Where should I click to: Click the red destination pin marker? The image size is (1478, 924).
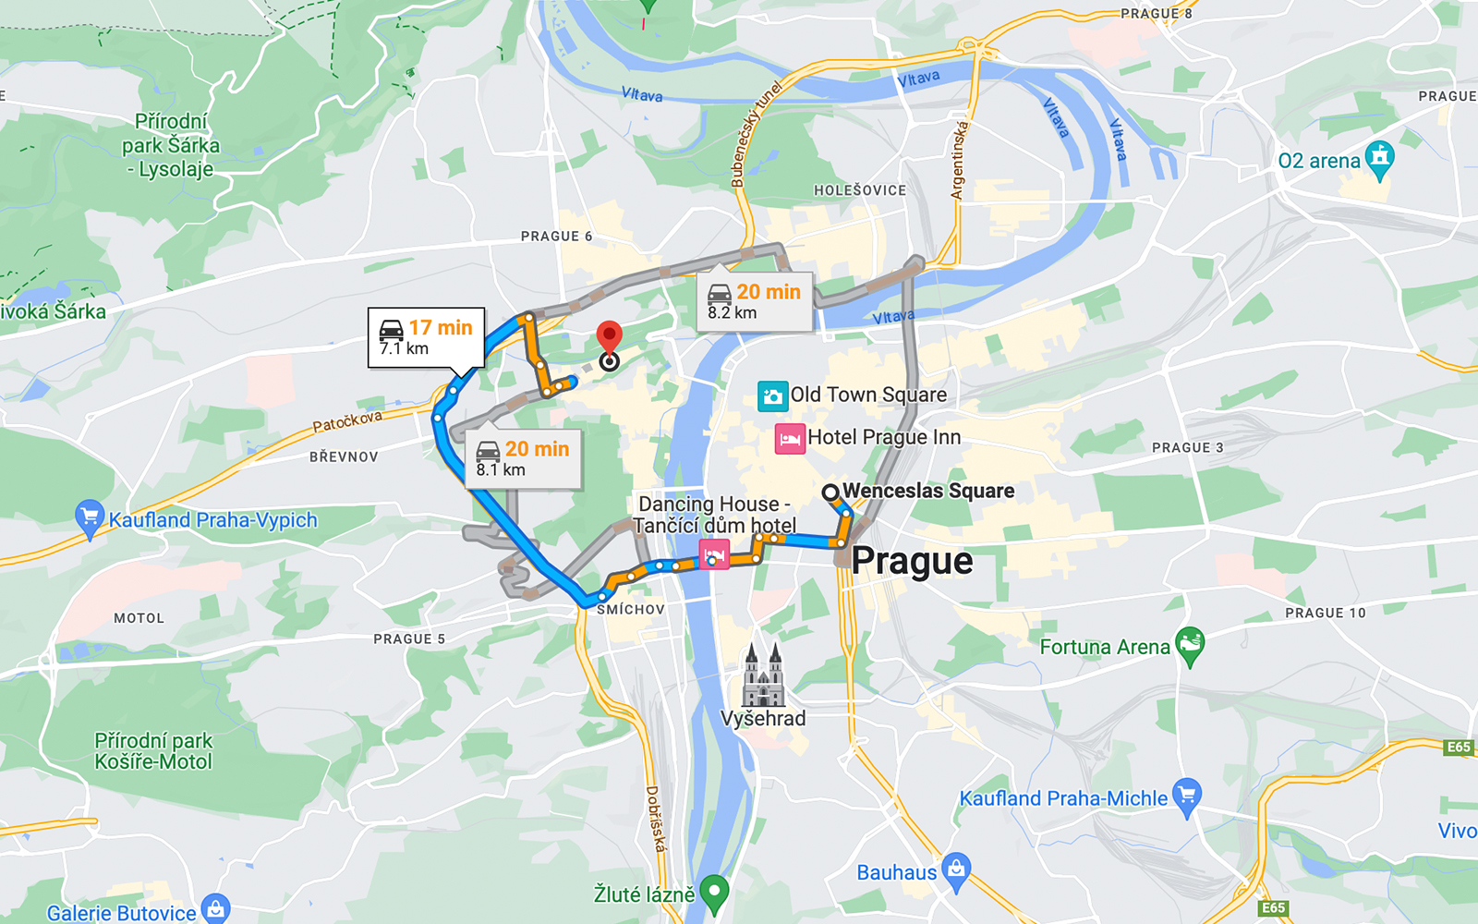pyautogui.click(x=609, y=337)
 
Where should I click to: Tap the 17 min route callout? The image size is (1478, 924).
pyautogui.click(x=426, y=337)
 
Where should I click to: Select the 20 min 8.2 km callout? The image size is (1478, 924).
pyautogui.click(x=754, y=301)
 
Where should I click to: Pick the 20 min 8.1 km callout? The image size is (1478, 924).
pyautogui.click(x=523, y=458)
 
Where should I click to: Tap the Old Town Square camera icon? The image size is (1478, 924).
pyautogui.click(x=773, y=395)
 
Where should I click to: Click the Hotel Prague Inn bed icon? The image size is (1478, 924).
pyautogui.click(x=790, y=438)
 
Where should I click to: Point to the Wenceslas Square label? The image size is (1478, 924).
pyautogui.click(x=927, y=492)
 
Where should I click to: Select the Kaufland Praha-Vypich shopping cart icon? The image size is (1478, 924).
pyautogui.click(x=90, y=517)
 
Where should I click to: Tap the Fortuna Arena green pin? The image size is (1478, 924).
pyautogui.click(x=1190, y=644)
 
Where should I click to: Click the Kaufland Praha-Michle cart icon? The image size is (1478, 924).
pyautogui.click(x=1186, y=796)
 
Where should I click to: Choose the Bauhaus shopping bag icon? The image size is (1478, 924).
pyautogui.click(x=957, y=870)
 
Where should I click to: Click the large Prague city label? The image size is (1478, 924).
pyautogui.click(x=912, y=561)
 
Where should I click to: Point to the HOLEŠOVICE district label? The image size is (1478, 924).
pyautogui.click(x=860, y=190)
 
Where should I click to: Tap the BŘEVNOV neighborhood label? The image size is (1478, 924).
pyautogui.click(x=344, y=456)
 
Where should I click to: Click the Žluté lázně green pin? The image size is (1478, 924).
pyautogui.click(x=714, y=892)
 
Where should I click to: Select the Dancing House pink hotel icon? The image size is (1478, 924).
pyautogui.click(x=713, y=555)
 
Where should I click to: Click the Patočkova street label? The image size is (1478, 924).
pyautogui.click(x=347, y=422)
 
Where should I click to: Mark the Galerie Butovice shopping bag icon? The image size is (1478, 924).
pyautogui.click(x=215, y=910)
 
